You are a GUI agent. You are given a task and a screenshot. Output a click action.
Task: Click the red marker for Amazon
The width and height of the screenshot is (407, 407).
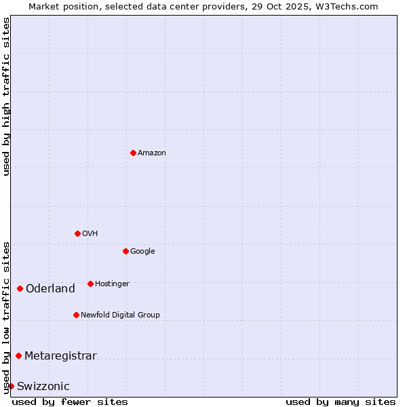tap(133, 153)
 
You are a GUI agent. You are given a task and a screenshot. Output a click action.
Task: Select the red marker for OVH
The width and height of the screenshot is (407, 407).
tap(77, 233)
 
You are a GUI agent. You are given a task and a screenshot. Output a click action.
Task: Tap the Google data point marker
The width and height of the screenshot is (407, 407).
tap(125, 251)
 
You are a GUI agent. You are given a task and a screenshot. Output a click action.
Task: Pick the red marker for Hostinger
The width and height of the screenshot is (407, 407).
tap(90, 284)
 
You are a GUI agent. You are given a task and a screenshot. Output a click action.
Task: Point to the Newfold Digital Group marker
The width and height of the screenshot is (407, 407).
tap(76, 315)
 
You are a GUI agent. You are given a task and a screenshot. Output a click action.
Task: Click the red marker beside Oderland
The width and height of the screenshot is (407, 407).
tap(20, 288)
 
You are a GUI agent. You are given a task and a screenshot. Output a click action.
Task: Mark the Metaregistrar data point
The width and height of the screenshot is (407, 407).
tap(18, 355)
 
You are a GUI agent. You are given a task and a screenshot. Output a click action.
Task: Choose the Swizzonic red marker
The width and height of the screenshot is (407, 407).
tap(11, 386)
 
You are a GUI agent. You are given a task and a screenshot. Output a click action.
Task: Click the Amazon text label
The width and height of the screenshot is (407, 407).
tap(152, 153)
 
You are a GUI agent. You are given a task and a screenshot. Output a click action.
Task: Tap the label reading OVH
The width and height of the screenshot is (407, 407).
tap(90, 234)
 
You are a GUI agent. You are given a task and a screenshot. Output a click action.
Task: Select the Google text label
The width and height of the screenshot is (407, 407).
tap(142, 252)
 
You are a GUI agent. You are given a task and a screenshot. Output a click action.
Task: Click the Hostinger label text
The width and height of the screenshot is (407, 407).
tap(112, 284)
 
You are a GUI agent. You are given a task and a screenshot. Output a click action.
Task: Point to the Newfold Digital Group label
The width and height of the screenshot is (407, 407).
tap(120, 315)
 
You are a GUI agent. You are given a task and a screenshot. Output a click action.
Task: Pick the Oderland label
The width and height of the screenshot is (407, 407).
tap(50, 289)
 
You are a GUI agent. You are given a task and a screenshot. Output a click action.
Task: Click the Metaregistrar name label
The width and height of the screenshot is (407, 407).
tap(60, 356)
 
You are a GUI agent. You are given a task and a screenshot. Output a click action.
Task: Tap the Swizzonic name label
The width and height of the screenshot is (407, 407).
tap(43, 387)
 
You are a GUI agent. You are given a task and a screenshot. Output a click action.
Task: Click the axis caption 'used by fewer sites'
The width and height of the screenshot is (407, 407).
tap(70, 402)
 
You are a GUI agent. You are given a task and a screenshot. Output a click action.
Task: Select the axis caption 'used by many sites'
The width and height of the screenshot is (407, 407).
tap(341, 402)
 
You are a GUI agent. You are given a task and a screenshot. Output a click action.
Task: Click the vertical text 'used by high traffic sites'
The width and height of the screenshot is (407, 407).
tap(6, 96)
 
